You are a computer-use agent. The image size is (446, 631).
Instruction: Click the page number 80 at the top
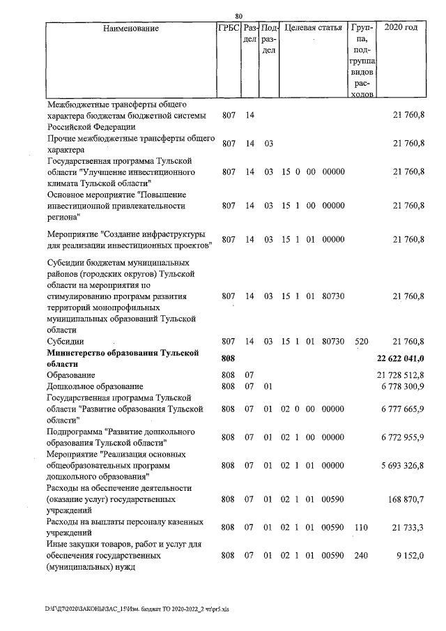click(238, 17)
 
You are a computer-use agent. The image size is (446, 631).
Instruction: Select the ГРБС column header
click(228, 29)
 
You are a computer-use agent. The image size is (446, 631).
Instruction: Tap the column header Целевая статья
click(313, 29)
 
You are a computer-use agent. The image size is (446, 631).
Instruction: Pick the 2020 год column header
click(406, 29)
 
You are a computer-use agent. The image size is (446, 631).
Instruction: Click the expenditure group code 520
click(361, 342)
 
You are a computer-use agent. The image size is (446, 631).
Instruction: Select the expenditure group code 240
click(361, 556)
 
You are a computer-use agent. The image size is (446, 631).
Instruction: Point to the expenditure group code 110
click(361, 527)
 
